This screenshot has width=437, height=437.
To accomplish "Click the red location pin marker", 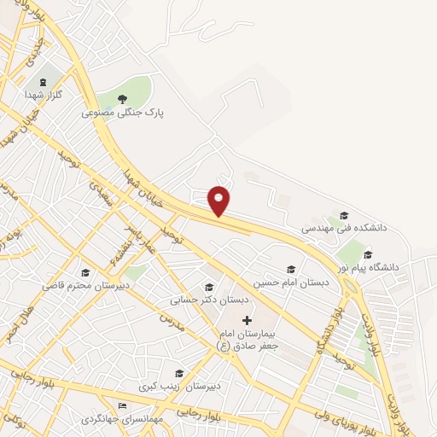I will coord(219,201).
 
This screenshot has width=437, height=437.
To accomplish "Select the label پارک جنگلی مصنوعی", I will coord(123,112).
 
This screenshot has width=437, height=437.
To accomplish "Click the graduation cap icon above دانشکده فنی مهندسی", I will coord(344,215).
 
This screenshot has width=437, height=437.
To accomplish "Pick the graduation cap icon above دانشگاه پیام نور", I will coord(368,253).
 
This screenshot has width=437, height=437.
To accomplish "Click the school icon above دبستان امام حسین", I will coord(291,269).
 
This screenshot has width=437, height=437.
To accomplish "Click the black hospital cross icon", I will coord(247,320).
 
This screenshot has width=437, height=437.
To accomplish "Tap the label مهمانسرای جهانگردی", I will coord(122,419).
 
